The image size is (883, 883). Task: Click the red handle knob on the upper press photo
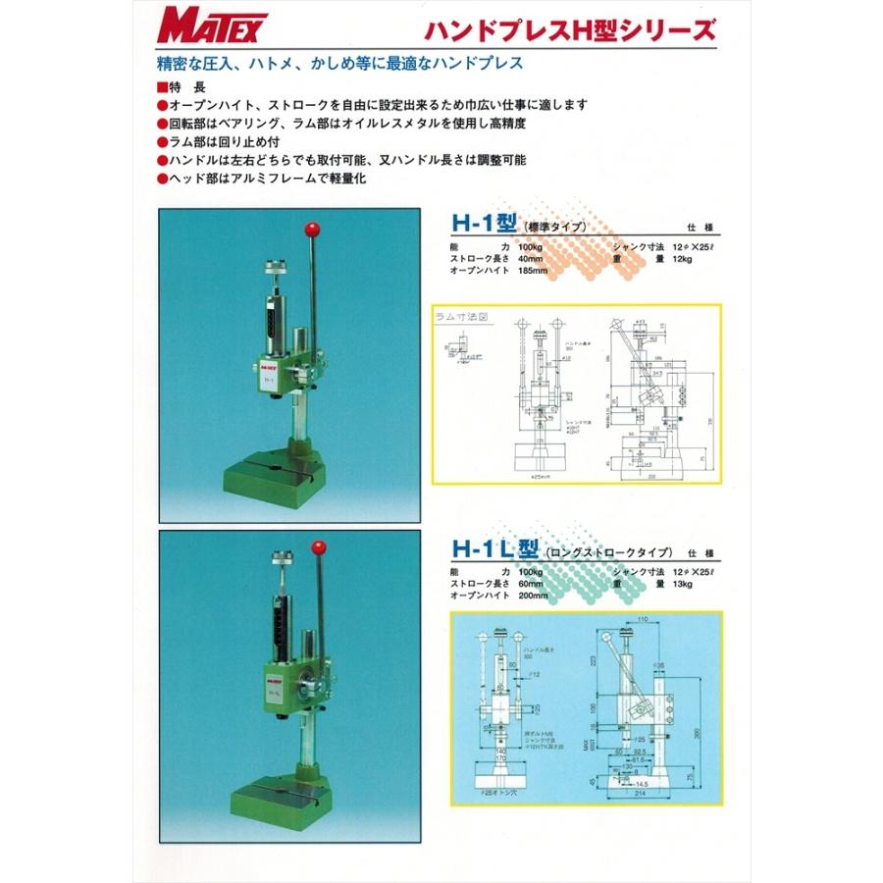click(315, 231)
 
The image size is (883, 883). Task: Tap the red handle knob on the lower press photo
click(318, 546)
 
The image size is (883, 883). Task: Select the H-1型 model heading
click(480, 225)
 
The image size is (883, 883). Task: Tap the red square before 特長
click(162, 86)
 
